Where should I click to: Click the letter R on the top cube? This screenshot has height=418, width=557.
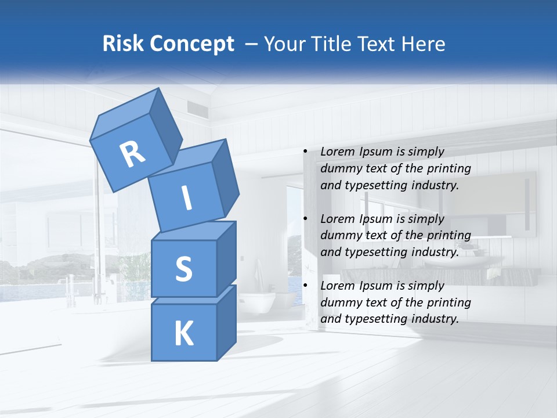tap(132, 154)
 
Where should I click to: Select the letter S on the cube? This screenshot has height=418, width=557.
tap(183, 269)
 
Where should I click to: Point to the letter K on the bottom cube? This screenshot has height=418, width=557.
tap(183, 334)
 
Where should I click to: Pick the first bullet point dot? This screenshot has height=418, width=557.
tap(305, 152)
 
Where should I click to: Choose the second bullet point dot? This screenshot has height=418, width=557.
tap(305, 219)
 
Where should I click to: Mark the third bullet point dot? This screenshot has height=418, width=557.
tap(305, 286)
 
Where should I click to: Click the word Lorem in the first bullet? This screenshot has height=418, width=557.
tap(336, 152)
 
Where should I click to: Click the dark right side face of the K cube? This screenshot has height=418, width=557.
tap(226, 322)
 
